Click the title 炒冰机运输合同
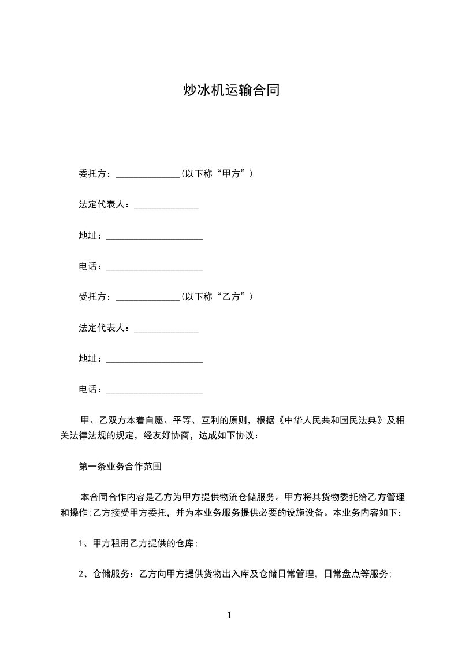point(230,90)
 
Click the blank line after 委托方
point(148,174)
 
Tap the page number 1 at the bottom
point(229,615)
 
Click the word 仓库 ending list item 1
point(188,543)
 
